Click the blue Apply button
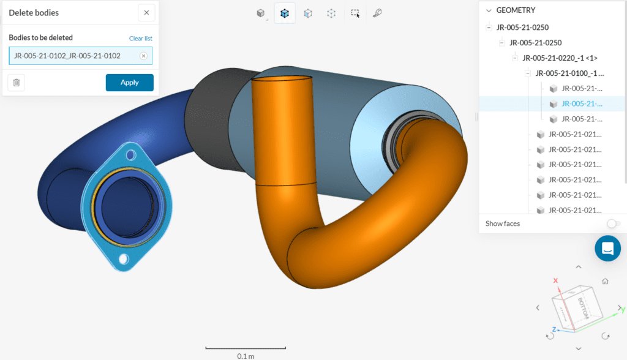pos(129,83)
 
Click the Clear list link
pos(140,39)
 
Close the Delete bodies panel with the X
pos(146,13)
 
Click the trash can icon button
pos(17,83)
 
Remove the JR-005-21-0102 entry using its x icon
pos(143,56)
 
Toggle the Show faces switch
pos(613,224)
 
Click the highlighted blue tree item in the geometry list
pos(582,104)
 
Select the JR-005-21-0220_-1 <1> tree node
pos(560,58)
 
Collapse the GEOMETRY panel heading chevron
pos(489,10)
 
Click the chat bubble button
pos(607,249)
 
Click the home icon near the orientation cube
pos(605,282)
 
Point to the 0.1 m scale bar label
pos(246,356)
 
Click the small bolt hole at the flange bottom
pos(124,260)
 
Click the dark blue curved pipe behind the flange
pos(61,165)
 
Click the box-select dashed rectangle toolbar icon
pos(355,13)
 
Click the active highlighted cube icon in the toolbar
pos(285,13)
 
